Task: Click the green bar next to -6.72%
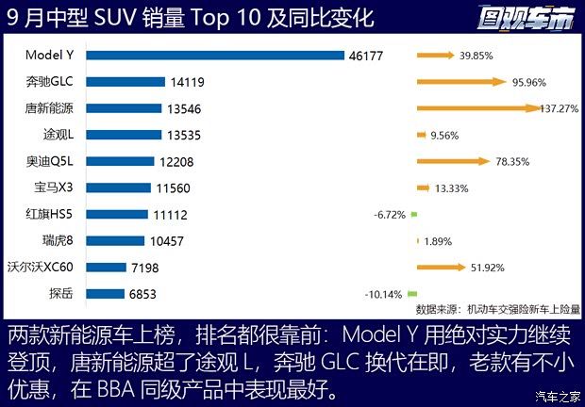point(413,214)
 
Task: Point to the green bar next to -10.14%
point(412,293)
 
